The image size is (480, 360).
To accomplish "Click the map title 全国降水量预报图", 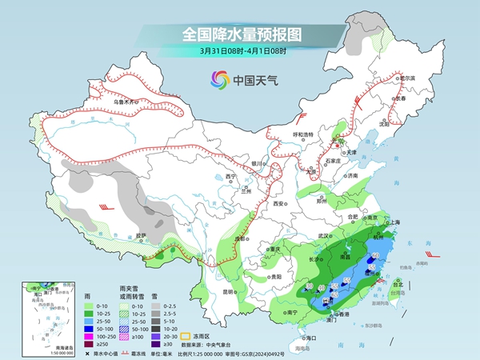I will [x=240, y=34].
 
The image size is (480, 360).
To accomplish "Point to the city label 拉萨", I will [x=141, y=235].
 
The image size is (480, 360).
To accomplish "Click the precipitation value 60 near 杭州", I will [x=376, y=255].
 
